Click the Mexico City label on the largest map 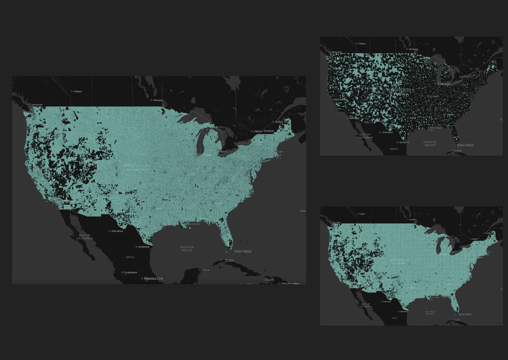click(153, 279)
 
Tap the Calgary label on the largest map click(78, 91)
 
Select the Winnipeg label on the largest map click(158, 100)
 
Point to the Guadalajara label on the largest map click(130, 272)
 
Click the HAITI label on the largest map click(269, 280)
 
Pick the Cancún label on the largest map click(206, 270)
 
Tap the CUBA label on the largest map click(229, 260)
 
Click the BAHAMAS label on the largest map click(243, 252)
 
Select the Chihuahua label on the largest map click(117, 231)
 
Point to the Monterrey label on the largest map click(144, 247)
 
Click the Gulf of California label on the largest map click(84, 237)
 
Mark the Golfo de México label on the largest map click(187, 248)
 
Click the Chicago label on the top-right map click(444, 84)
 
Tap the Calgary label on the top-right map click(362, 44)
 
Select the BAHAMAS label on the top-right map click(465, 145)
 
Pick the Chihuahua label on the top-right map click(387, 133)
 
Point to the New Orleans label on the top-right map click(436, 128)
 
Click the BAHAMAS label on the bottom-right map click(465, 314)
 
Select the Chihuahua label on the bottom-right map click(386, 301)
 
